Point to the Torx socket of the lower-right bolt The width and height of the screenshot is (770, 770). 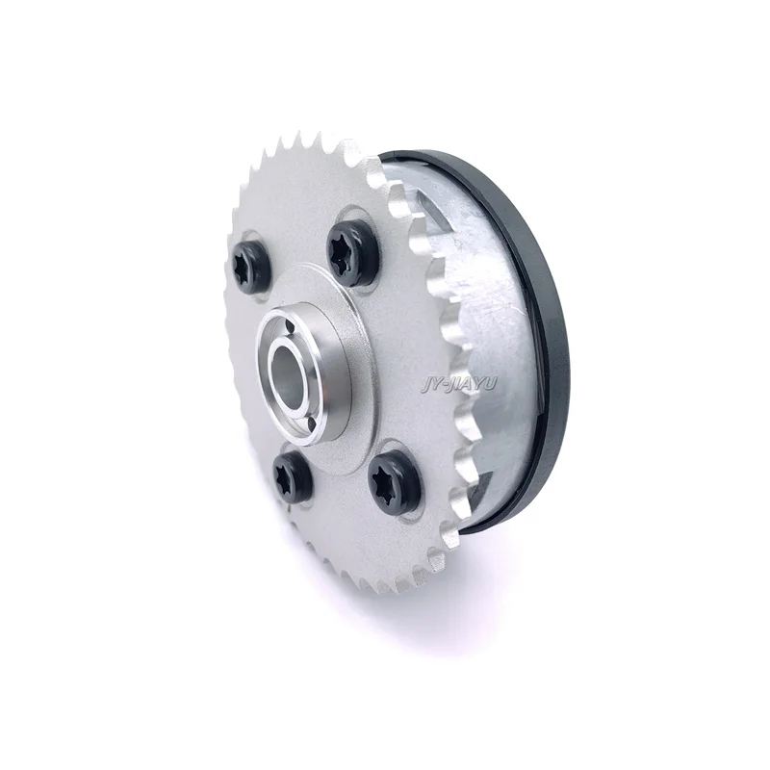pyautogui.click(x=393, y=476)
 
